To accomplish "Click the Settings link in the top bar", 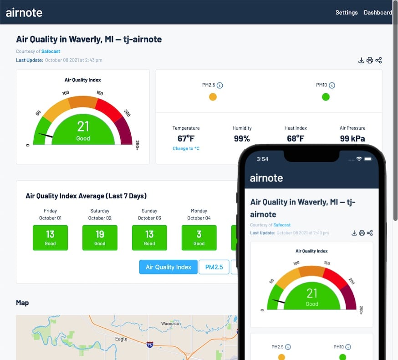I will coord(346,12).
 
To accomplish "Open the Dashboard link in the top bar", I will coord(378,12).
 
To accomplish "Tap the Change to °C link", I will coord(186,148).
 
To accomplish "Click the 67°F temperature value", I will coord(186,138).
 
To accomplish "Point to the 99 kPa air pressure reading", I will coord(352,138).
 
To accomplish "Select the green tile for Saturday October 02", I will coord(100,238).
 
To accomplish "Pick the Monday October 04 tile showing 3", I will coord(199,238).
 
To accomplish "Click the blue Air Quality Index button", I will coord(168,267).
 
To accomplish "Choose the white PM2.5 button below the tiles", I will coord(214,267).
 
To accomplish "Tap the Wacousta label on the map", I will coord(170,324).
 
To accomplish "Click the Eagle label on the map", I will coord(121,339).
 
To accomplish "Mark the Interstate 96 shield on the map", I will coord(150,345).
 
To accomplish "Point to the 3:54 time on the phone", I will coord(263,159).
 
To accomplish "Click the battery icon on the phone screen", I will coord(367,159).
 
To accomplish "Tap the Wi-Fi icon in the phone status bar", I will coord(359,159).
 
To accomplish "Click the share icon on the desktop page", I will coord(378,60).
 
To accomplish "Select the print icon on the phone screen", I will coord(362,233).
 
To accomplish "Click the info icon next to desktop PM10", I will coord(332,86).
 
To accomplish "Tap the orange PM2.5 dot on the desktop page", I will coord(213,97).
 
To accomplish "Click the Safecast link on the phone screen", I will coord(282,225).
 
